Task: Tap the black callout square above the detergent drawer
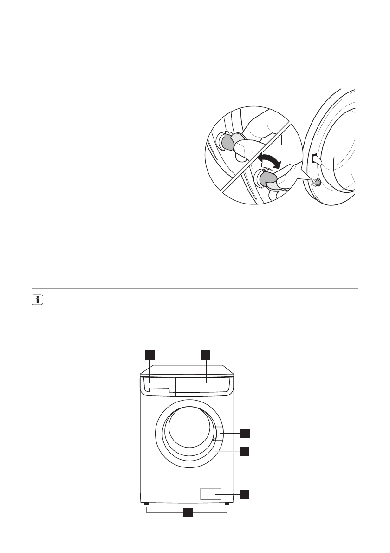[x=149, y=355]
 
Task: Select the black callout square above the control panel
[x=206, y=355]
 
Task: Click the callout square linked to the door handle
[x=245, y=434]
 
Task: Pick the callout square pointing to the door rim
[x=245, y=451]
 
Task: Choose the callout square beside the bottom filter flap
[x=245, y=494]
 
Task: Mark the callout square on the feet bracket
[x=187, y=513]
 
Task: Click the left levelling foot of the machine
[x=146, y=504]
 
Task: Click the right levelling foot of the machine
[x=227, y=504]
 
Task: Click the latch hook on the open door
[x=317, y=159]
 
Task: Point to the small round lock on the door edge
[x=317, y=183]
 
